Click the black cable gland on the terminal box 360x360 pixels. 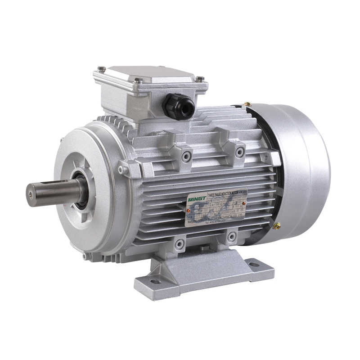179,106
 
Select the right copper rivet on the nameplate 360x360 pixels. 243,203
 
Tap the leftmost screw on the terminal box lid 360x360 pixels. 102,69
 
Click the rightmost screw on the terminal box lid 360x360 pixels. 199,79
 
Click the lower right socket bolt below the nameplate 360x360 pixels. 231,236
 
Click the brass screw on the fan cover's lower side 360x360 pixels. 277,226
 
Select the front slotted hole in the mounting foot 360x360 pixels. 156,281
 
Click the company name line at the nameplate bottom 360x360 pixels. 216,218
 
